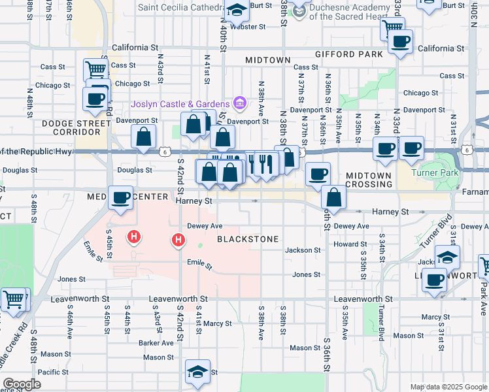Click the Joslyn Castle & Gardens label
click(180, 104)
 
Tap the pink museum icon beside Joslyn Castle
click(239, 103)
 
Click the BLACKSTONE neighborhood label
click(248, 238)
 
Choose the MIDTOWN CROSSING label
click(368, 180)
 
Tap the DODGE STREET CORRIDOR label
click(76, 127)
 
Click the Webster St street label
click(248, 27)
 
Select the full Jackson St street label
click(303, 250)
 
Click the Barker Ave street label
click(154, 342)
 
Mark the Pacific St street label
click(54, 372)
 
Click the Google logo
click(22, 384)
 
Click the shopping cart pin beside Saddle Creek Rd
click(14, 300)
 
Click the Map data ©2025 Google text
click(448, 387)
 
